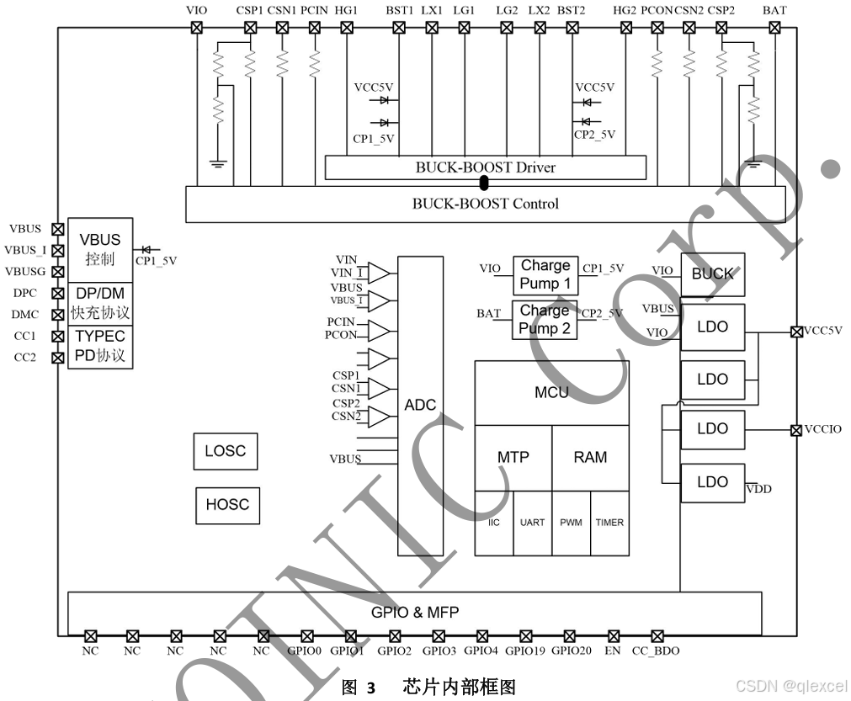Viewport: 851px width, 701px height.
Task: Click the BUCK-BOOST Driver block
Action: click(x=485, y=167)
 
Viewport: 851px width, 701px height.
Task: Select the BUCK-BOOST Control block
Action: click(x=485, y=204)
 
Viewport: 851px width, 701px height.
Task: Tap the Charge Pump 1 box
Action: click(x=545, y=274)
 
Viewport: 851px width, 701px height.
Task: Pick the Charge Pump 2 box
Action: click(x=545, y=320)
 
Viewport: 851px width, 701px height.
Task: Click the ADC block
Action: click(x=420, y=406)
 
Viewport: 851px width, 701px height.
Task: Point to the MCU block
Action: click(x=551, y=393)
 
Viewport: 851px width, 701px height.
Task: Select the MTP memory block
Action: click(x=513, y=457)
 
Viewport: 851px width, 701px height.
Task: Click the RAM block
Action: click(x=590, y=457)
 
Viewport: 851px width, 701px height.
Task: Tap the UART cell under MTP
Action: click(x=532, y=523)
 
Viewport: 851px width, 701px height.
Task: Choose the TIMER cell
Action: click(x=609, y=523)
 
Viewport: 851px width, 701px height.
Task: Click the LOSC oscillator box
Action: click(x=226, y=451)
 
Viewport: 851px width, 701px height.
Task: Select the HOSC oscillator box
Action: click(x=227, y=505)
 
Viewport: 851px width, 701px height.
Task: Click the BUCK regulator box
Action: click(x=712, y=274)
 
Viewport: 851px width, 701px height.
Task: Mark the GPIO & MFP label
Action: click(x=415, y=613)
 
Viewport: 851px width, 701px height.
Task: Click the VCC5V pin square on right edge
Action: click(x=795, y=331)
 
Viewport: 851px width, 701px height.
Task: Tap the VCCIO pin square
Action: click(x=795, y=430)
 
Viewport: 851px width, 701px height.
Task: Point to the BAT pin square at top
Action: click(x=774, y=27)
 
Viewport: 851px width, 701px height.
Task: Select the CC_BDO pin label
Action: click(x=656, y=651)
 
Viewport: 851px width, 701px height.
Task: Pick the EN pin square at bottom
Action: click(x=613, y=636)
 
